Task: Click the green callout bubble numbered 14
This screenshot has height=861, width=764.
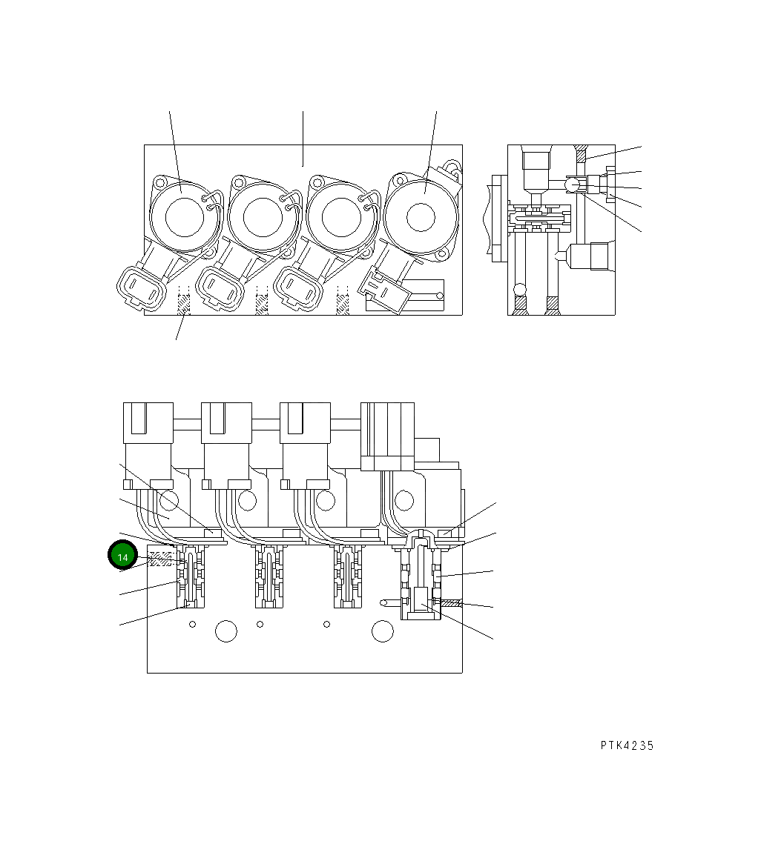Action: click(x=123, y=557)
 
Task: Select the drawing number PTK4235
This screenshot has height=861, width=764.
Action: click(x=627, y=746)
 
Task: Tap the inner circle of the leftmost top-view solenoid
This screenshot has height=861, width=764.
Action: click(x=182, y=217)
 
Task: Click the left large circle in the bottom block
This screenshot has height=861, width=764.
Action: click(x=225, y=631)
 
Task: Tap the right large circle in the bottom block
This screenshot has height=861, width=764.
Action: click(x=382, y=631)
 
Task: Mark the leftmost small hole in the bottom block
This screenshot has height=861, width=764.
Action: click(x=192, y=625)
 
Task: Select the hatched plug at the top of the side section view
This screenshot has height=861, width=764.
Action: click(x=581, y=155)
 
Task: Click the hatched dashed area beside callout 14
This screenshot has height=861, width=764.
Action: click(x=160, y=559)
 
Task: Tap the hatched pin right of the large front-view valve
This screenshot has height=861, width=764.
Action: click(x=451, y=604)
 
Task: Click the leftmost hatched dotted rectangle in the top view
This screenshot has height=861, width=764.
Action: click(x=183, y=304)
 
